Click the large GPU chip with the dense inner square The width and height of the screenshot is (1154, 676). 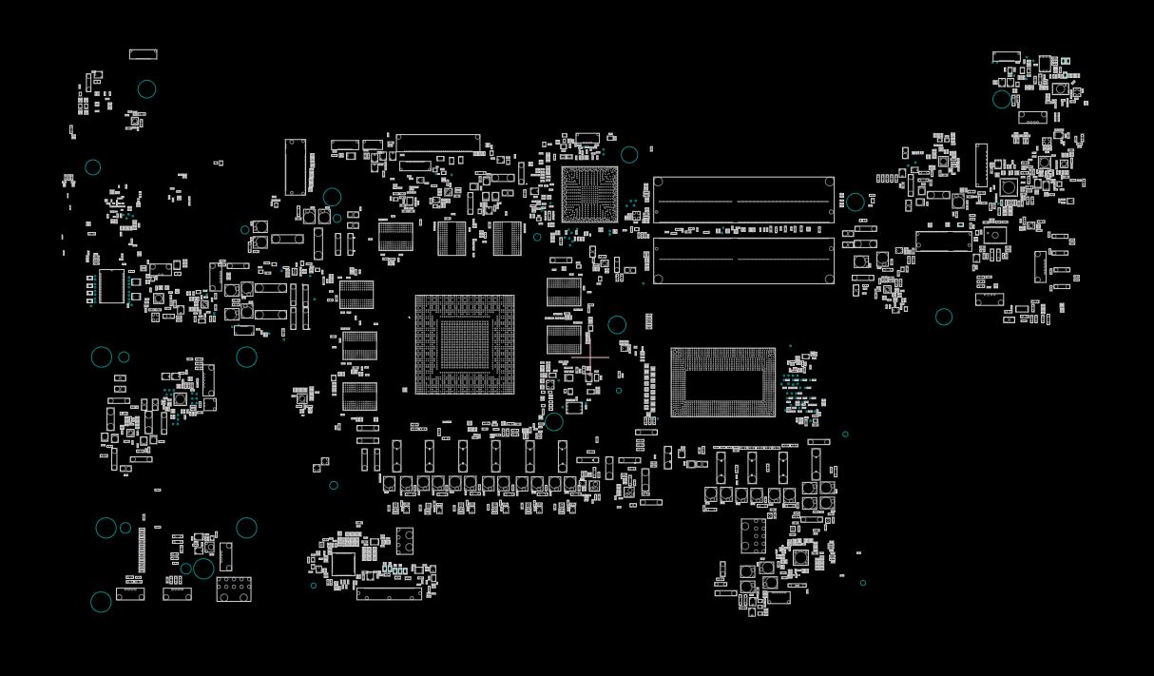465,344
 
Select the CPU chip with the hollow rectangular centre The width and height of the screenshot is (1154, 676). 722,382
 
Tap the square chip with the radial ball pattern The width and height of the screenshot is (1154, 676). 589,194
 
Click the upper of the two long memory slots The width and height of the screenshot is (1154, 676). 743,200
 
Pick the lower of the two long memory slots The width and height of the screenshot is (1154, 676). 743,261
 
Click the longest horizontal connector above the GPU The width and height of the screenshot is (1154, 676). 438,141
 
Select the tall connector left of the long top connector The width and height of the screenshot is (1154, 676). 296,167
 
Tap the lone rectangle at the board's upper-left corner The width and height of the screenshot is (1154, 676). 143,54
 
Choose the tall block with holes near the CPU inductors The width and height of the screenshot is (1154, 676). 754,535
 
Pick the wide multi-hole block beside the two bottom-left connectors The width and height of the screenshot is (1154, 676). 234,589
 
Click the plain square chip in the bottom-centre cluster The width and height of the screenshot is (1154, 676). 343,564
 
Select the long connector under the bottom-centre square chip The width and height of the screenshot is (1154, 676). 389,594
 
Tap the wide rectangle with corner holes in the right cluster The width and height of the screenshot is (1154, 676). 943,241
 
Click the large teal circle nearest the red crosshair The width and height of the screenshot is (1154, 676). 617,325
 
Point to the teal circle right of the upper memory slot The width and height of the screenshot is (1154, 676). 856,202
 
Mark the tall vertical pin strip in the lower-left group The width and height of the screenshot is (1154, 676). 143,550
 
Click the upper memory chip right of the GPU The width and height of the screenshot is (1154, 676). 564,291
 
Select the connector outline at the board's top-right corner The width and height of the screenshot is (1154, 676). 1006,57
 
